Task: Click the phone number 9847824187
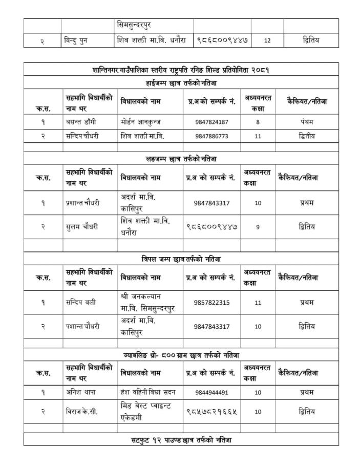click(x=212, y=122)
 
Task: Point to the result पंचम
click(x=307, y=122)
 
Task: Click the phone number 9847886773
click(x=212, y=136)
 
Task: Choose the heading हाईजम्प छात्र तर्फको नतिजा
click(x=181, y=82)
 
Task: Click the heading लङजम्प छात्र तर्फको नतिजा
click(x=181, y=159)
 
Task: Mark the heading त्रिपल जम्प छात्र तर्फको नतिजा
click(x=181, y=259)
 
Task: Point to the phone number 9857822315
click(x=212, y=302)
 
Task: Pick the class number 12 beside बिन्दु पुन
click(x=267, y=40)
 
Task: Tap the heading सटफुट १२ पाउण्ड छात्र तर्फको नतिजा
click(x=181, y=440)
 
